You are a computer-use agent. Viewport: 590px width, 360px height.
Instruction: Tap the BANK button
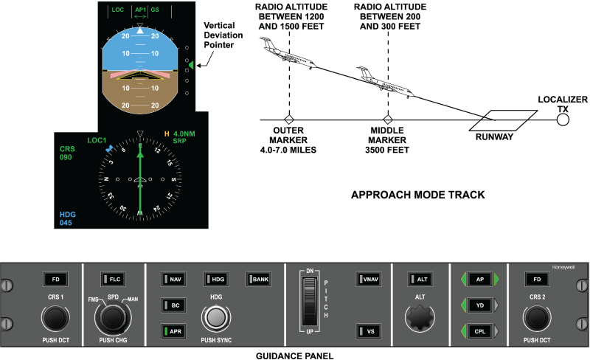point(259,280)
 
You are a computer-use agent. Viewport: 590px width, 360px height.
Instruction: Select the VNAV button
point(367,280)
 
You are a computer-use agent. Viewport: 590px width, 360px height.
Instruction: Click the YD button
point(480,305)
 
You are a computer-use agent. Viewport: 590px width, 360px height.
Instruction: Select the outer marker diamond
point(290,120)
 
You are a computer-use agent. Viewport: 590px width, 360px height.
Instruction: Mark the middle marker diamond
point(386,120)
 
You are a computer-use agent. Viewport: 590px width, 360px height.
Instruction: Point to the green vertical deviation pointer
point(190,66)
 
